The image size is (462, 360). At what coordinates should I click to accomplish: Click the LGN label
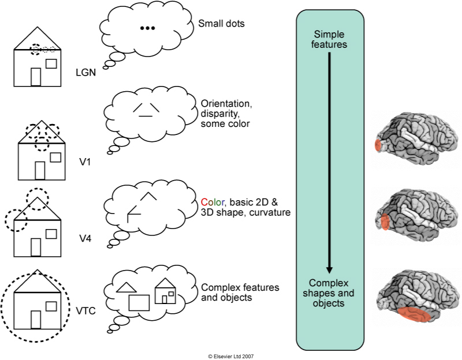click(x=85, y=73)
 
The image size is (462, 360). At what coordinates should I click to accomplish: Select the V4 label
click(x=85, y=237)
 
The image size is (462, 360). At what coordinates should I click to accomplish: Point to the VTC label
click(x=85, y=312)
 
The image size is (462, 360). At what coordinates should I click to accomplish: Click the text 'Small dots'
click(x=222, y=24)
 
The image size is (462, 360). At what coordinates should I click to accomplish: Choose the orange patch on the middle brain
click(x=384, y=222)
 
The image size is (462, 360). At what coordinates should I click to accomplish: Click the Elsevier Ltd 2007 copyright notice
click(x=231, y=357)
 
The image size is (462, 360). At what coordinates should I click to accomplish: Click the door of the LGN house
click(x=36, y=76)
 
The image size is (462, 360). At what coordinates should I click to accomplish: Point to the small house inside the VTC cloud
click(x=166, y=291)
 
